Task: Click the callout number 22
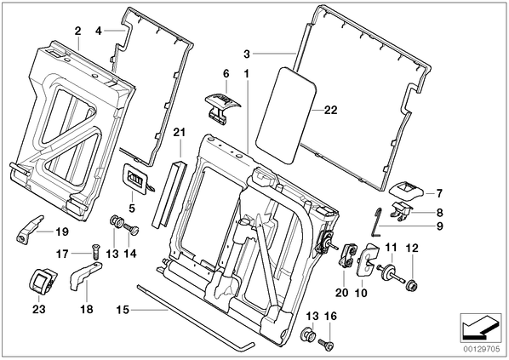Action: pyautogui.click(x=331, y=110)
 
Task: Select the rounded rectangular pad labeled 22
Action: pyautogui.click(x=286, y=116)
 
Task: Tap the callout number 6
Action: pyautogui.click(x=226, y=74)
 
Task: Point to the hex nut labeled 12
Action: pyautogui.click(x=412, y=286)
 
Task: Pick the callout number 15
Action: pyautogui.click(x=123, y=310)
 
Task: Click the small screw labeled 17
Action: pyautogui.click(x=94, y=250)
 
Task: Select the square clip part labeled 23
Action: pyautogui.click(x=43, y=281)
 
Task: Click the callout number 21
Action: pyautogui.click(x=180, y=133)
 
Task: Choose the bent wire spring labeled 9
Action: pyautogui.click(x=375, y=222)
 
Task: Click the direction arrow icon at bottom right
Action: pyautogui.click(x=480, y=329)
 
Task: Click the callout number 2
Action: pyautogui.click(x=77, y=31)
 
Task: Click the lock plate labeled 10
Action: pyautogui.click(x=367, y=260)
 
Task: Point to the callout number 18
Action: pyautogui.click(x=87, y=309)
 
